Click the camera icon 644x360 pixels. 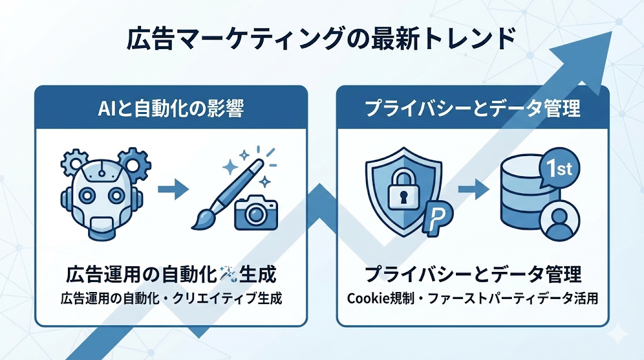click(256, 212)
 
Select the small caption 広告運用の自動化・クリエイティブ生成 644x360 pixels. click(170, 298)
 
